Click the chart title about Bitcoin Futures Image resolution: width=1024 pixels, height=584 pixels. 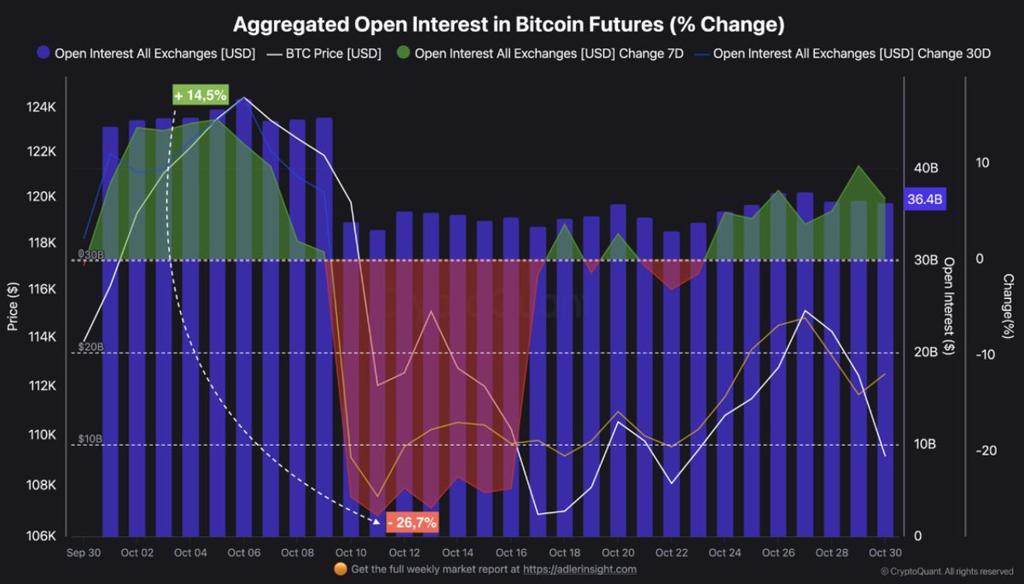point(509,25)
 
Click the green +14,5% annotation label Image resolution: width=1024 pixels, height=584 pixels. point(201,95)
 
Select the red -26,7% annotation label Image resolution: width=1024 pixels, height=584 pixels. point(412,522)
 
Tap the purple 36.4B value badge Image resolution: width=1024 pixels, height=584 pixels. point(925,200)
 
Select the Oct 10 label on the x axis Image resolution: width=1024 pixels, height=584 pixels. point(352,552)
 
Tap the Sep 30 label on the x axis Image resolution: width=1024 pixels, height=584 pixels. point(84,552)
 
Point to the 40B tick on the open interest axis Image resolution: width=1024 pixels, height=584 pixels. point(926,168)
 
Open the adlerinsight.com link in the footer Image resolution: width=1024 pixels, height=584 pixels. point(579,569)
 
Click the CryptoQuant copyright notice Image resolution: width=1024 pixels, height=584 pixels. point(947,570)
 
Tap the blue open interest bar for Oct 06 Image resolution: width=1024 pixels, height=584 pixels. point(244,342)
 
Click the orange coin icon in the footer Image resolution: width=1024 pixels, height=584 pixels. point(340,569)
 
